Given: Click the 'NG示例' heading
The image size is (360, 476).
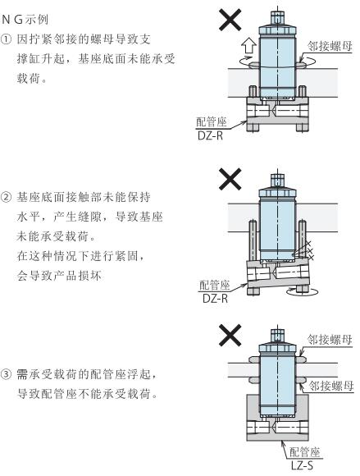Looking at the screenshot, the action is (x=25, y=20).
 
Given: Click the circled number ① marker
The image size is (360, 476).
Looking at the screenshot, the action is (x=6, y=39).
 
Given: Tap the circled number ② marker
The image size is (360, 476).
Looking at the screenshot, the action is (x=6, y=198).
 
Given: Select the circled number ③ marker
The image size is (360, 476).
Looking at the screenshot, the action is (x=6, y=374).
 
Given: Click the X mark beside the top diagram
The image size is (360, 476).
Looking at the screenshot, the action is (x=230, y=20).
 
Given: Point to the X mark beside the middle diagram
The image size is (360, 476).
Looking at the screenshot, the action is (x=230, y=179).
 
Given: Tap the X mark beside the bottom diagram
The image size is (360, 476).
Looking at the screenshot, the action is (x=230, y=335).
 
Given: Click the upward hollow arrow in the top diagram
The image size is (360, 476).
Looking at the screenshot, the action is (x=248, y=45).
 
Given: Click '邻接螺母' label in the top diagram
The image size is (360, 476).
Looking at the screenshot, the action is (x=330, y=46).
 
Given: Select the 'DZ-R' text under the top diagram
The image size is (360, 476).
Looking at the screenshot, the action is (x=211, y=135).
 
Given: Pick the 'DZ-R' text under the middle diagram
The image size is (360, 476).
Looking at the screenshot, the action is (x=215, y=299).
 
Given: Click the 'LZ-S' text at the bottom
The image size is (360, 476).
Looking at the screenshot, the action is (x=302, y=465).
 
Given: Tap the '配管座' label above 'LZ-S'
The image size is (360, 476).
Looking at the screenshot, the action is (x=305, y=452).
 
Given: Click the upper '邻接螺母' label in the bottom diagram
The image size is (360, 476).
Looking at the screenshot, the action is (x=330, y=340).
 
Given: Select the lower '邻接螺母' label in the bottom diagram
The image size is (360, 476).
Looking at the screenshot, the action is (x=331, y=386).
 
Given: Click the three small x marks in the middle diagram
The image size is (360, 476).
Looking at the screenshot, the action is (x=310, y=250).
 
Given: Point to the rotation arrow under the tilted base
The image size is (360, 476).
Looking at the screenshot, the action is (x=303, y=292).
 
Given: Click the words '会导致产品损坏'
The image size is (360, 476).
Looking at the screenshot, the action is (x=59, y=276).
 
